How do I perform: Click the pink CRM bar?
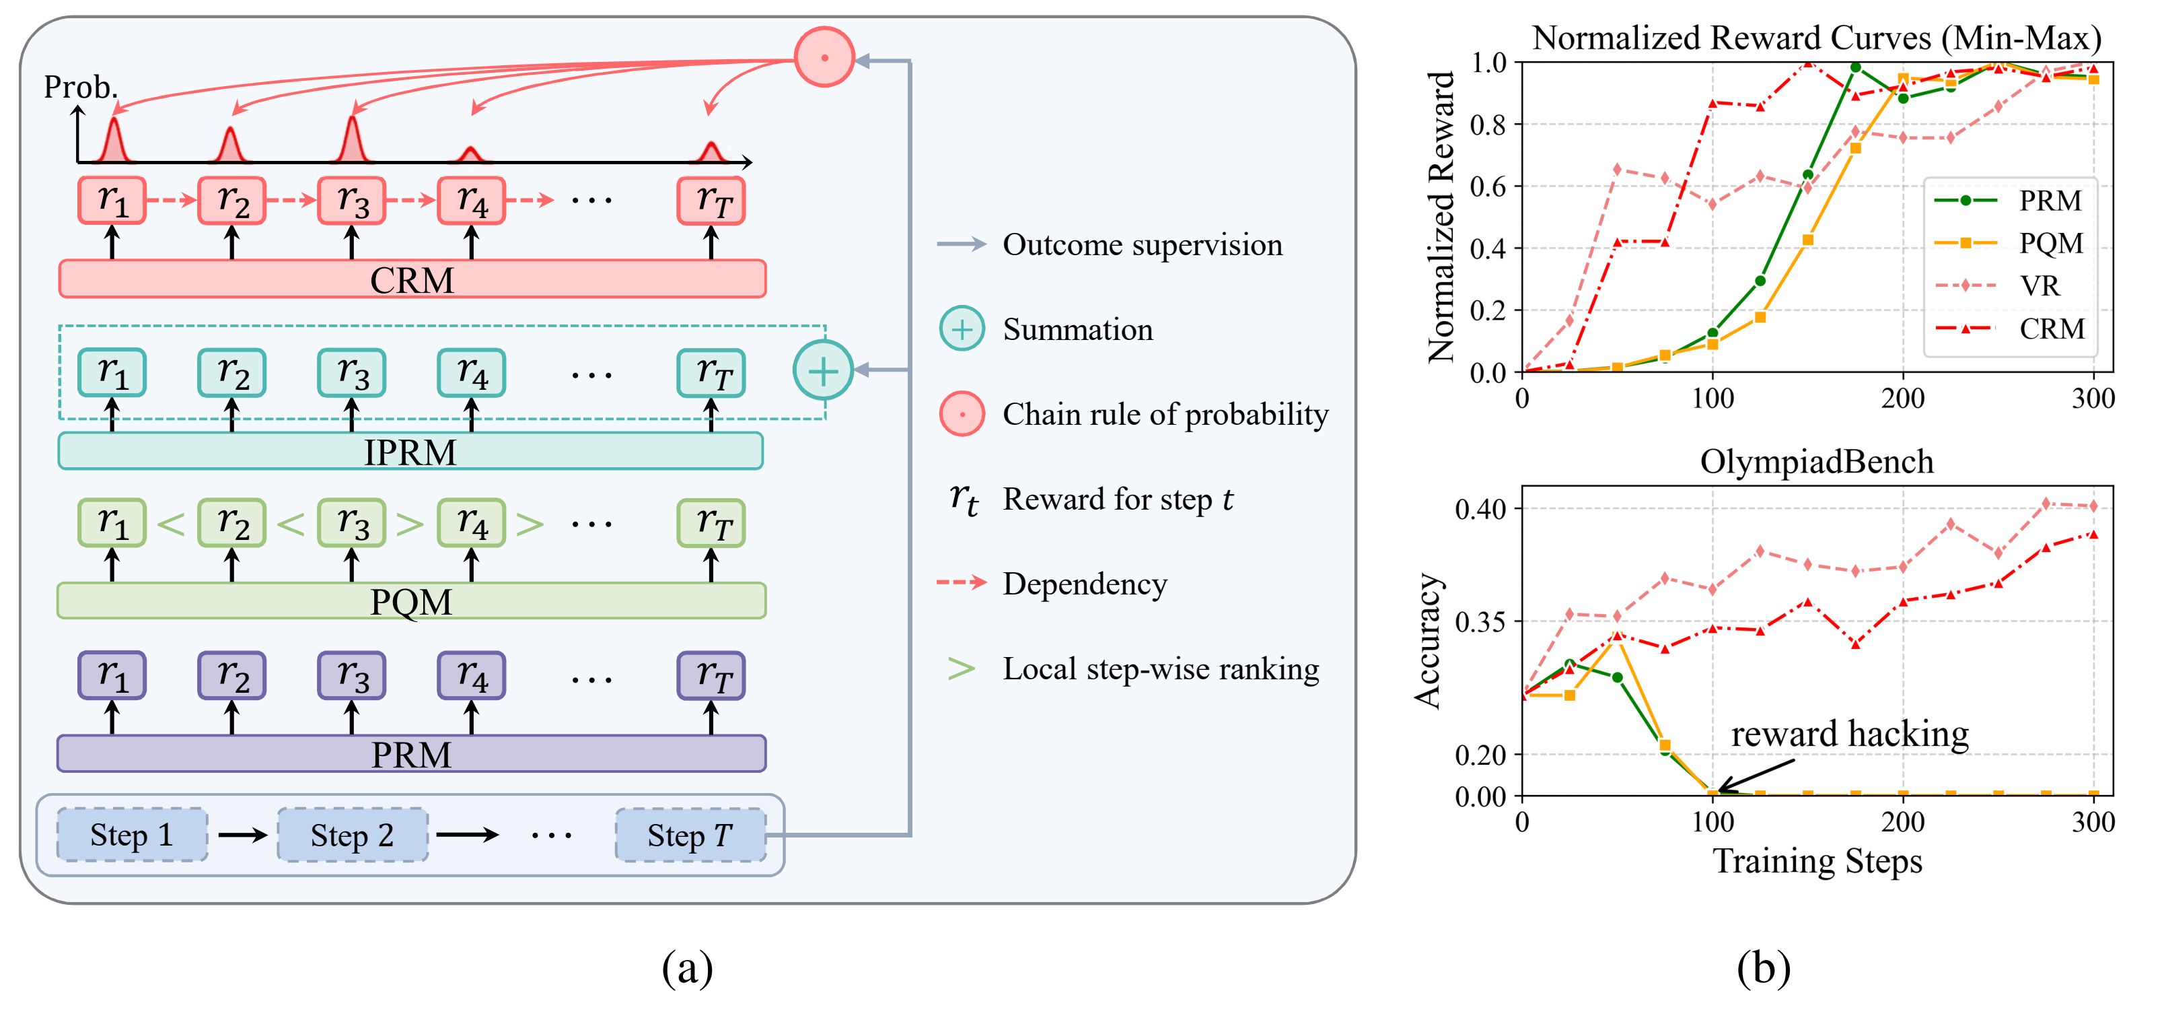(x=412, y=279)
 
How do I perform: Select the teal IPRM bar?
(x=410, y=451)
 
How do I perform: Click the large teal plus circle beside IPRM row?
(x=823, y=370)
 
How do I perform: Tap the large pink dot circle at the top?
(x=824, y=57)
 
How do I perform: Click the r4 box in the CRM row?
(x=471, y=201)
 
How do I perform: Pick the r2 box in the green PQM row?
(x=232, y=522)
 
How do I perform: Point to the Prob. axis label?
(x=81, y=87)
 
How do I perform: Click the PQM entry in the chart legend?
(x=2050, y=243)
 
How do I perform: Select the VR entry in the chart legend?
(x=2040, y=285)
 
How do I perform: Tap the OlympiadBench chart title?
(x=1816, y=462)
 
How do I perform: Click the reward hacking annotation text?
(x=1850, y=734)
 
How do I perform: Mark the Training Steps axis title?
(x=1817, y=861)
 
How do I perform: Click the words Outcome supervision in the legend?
(x=1143, y=244)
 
